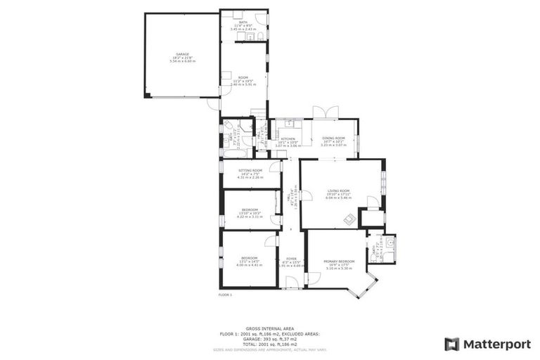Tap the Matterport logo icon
click(x=452, y=344)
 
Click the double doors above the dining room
click(x=321, y=112)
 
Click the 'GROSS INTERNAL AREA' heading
click(x=270, y=328)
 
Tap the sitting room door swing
click(x=274, y=167)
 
